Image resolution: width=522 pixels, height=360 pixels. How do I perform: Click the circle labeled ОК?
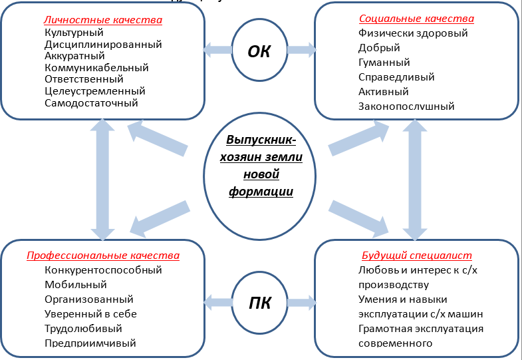coord(259,50)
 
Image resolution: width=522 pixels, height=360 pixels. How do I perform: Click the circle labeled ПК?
coord(259,303)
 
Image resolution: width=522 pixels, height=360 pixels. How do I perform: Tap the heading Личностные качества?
coord(103,20)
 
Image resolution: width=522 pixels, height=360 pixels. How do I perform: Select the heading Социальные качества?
coord(417,19)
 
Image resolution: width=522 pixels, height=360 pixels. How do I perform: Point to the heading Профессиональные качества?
coord(103,256)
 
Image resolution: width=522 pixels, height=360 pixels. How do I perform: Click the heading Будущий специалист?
coord(417,256)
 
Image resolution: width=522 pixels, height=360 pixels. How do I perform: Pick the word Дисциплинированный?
coord(103,44)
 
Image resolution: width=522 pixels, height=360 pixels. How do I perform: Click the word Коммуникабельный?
coord(96,67)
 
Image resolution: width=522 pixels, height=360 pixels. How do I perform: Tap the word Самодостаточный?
coord(91,103)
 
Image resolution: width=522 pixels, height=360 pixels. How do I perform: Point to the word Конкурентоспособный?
coord(103,270)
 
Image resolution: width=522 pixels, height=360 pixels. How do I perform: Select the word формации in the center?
coord(261,191)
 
